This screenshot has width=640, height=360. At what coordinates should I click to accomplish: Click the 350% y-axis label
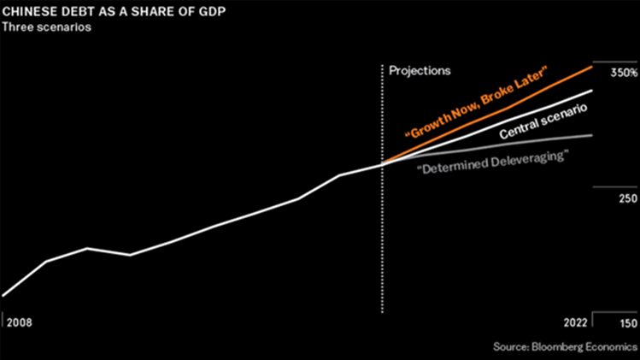pyautogui.click(x=622, y=74)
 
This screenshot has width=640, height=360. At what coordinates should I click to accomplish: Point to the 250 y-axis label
pyautogui.click(x=628, y=198)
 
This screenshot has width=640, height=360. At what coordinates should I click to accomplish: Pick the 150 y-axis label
pyautogui.click(x=628, y=324)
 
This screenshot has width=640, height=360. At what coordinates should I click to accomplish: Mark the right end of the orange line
pyautogui.click(x=593, y=66)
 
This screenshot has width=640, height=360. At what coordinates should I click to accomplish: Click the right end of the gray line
pyautogui.click(x=593, y=135)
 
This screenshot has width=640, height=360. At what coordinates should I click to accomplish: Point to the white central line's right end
pyautogui.click(x=593, y=90)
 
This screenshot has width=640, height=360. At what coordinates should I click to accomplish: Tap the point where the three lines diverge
pyautogui.click(x=382, y=163)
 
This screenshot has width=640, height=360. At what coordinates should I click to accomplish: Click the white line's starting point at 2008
pyautogui.click(x=3, y=296)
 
